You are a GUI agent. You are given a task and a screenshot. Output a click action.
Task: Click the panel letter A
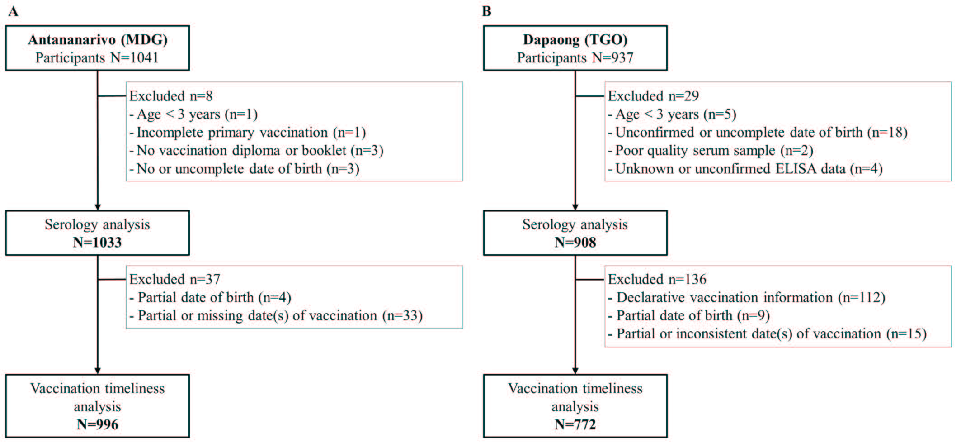(x=13, y=11)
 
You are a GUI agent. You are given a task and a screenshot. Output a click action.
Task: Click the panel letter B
(x=486, y=11)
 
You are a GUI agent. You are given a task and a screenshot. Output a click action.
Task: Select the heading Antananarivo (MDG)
(x=98, y=40)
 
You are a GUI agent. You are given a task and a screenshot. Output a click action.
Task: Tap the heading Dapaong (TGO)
(x=575, y=40)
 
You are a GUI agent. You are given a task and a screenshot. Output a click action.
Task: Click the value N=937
(x=613, y=58)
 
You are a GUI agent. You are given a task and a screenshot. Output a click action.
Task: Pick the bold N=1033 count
(x=98, y=243)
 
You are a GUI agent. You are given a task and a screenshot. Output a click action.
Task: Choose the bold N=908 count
(x=575, y=243)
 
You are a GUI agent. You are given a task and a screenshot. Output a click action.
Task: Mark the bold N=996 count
(x=98, y=424)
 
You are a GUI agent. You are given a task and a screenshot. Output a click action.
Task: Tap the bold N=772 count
(x=575, y=424)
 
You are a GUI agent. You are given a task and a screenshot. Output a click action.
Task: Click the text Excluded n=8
(x=171, y=96)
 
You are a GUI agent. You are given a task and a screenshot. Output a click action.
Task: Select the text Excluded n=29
(x=653, y=96)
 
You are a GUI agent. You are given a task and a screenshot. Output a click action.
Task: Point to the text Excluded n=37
(x=174, y=279)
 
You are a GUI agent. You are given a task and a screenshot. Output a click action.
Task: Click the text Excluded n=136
(x=657, y=279)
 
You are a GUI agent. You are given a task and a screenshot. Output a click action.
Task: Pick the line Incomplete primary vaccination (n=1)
(x=248, y=133)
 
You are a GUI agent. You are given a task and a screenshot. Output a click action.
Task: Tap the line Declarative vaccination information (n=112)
(x=747, y=298)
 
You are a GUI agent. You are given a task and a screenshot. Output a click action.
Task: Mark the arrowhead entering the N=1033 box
(x=98, y=207)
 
